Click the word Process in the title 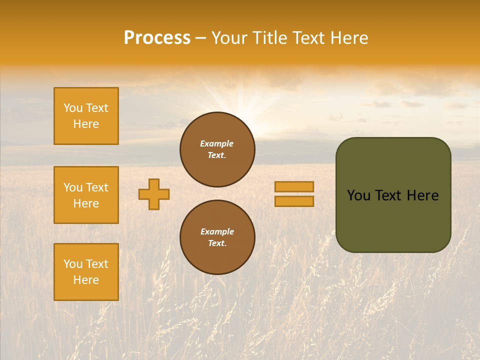pos(157,38)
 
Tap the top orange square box pos(86,116)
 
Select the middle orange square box pos(86,195)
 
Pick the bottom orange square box pos(86,272)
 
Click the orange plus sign pos(154,194)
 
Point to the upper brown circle pos(217,149)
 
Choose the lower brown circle pos(217,237)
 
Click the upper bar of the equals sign pos(294,186)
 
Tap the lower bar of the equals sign pos(294,201)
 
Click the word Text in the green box pos(388,195)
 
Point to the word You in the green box pos(358,195)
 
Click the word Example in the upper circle pos(217,143)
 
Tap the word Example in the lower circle pos(217,231)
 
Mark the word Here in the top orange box pos(86,124)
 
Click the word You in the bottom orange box pos(73,264)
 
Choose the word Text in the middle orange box pos(97,187)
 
